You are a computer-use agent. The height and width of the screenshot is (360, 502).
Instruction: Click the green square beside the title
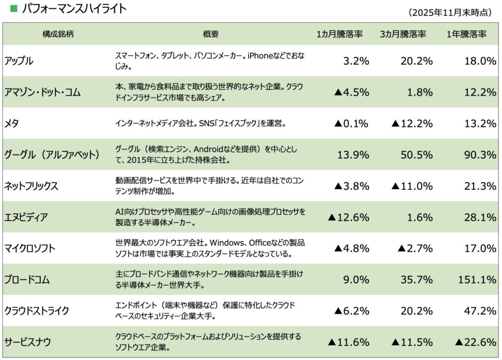tap(13, 8)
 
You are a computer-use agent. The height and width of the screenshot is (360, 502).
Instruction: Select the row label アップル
tap(19, 61)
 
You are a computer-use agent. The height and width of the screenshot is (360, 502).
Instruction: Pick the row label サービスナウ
tap(27, 342)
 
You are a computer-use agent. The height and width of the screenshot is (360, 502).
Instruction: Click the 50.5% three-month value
tap(416, 155)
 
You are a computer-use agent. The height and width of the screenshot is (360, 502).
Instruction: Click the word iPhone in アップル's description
tap(262, 56)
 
